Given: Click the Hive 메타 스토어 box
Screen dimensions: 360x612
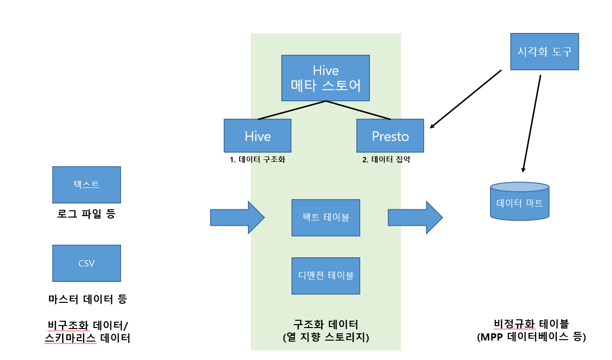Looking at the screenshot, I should tap(325, 78).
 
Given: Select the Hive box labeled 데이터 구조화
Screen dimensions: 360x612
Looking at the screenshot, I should tap(257, 136).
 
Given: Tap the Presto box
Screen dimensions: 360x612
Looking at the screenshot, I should tap(390, 136).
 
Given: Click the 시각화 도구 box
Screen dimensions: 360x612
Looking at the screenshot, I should tap(545, 51).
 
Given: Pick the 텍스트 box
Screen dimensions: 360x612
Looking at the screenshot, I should tap(86, 185).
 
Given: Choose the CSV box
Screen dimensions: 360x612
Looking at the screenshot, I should tap(86, 263).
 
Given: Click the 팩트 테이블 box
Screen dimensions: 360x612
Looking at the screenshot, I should tap(325, 218).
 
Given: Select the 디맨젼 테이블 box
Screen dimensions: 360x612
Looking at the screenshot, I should tap(325, 276).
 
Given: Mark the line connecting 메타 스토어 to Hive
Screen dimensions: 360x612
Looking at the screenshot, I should tap(292, 110).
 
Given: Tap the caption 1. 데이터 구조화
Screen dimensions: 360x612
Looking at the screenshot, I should tap(257, 159).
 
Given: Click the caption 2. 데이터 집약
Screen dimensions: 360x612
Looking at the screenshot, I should tap(386, 159).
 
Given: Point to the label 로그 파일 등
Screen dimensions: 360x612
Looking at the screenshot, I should tap(86, 214).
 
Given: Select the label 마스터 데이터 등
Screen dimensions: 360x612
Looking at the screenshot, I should tap(87, 299).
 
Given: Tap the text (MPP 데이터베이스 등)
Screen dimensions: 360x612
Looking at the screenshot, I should tap(531, 337).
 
